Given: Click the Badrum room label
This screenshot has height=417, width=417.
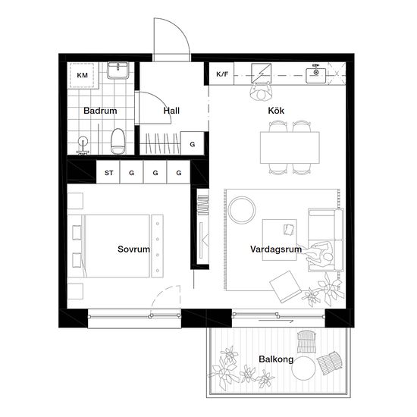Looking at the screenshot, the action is pos(100,111).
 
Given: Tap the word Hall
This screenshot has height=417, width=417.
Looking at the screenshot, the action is pos(171,111).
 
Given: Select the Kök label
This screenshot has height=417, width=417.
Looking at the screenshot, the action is pos(276,111).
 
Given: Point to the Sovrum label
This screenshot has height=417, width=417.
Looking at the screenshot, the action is pos(133,249).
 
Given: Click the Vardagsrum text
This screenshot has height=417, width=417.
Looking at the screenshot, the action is pos(276,249).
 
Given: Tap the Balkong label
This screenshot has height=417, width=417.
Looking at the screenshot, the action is pos(276,359).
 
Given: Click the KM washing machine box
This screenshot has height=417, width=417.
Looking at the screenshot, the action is pos(83,75).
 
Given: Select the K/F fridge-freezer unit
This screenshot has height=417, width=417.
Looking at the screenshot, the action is pos(221,74).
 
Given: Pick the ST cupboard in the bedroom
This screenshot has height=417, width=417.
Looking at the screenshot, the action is pos(108,172).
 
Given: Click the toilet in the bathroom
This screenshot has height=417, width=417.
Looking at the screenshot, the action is pos(118,141).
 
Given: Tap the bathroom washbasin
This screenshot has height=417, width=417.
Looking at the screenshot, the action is pos(118,71).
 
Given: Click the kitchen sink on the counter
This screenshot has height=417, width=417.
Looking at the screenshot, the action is pos(316,75).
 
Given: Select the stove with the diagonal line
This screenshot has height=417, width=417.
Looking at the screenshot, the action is pos(262,73).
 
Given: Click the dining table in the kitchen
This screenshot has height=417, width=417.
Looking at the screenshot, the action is pos(290,148).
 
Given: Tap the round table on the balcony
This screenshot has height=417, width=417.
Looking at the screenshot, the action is pos(303,369).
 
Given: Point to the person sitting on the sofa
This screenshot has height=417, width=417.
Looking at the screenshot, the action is pos(319,255).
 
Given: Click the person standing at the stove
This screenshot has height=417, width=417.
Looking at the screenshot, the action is pos(261,92).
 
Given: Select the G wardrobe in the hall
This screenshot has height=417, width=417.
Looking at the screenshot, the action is pos(193,144).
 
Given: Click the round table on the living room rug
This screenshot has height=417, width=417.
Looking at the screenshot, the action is pos(242,210).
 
